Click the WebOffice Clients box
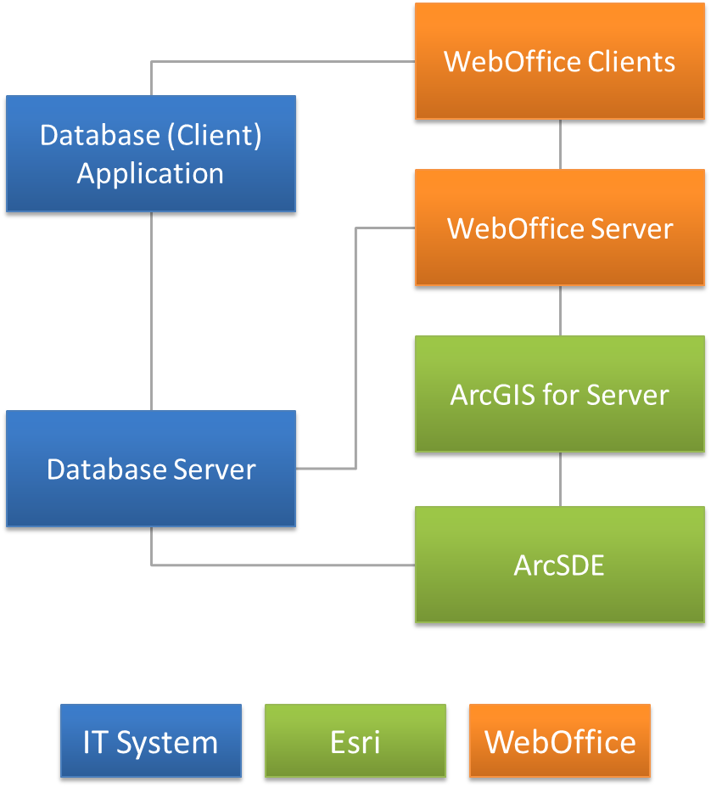(x=560, y=61)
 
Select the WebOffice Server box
(x=560, y=228)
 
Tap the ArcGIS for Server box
(x=560, y=395)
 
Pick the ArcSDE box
(x=560, y=565)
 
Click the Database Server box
(x=151, y=470)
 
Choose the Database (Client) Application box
(x=151, y=154)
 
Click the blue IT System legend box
(x=151, y=741)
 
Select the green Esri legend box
(x=355, y=741)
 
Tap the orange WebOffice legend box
(x=560, y=741)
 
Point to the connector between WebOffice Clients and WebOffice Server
(x=560, y=144)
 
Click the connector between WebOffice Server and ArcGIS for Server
(x=560, y=312)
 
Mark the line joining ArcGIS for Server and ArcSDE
(x=560, y=480)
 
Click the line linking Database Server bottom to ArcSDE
(x=280, y=565)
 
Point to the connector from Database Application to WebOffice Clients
(x=280, y=61)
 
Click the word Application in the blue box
(x=151, y=173)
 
